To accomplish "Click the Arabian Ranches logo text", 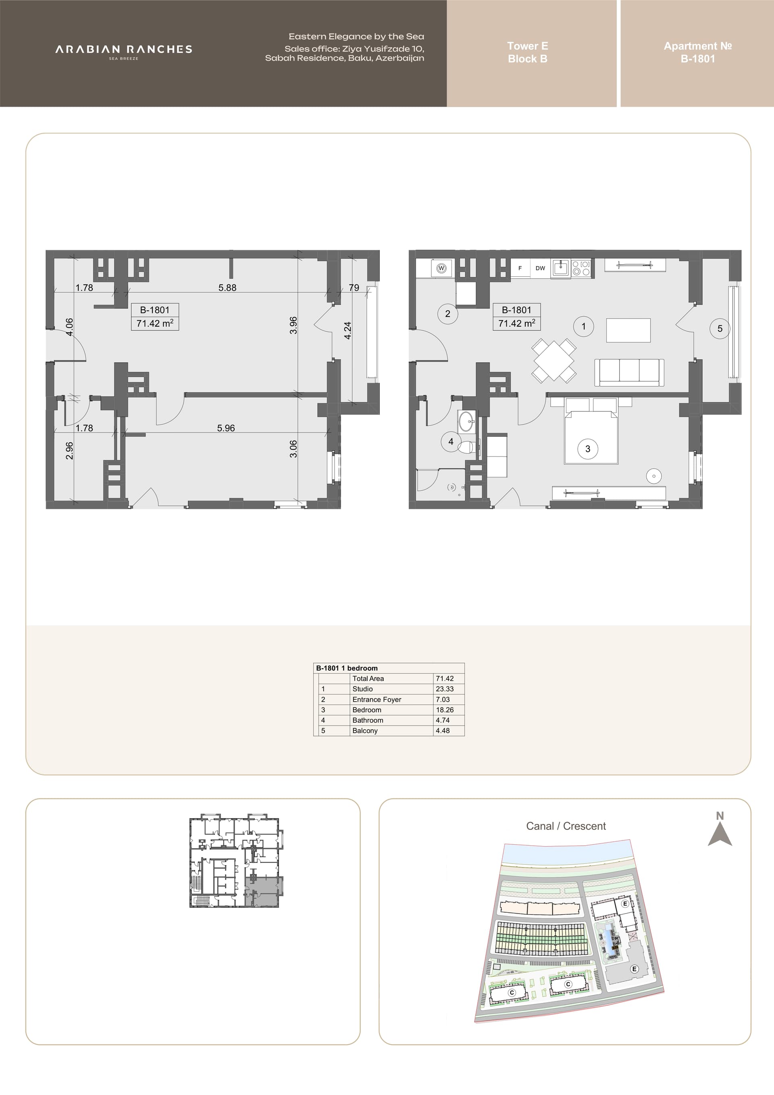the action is coord(124,49).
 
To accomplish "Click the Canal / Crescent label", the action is coord(566,826).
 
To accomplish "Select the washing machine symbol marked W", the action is coord(441,269).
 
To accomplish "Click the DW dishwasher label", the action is coord(540,268).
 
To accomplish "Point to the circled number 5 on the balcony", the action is coord(720,329).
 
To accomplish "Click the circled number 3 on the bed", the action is coord(588,449).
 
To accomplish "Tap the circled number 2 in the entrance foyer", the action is coord(447,314).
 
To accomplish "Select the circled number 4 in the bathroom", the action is coord(451,442).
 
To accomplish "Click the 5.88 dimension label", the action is coord(227,288).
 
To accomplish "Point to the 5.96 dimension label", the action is coord(226,428).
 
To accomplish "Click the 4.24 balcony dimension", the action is coord(347,330).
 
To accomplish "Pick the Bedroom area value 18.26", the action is coord(445,710).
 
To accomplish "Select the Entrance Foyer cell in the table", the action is coord(377,699).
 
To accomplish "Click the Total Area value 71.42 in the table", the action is coord(445,678).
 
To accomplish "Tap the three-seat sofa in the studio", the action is coord(629,373).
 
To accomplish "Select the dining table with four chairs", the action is coord(554,361).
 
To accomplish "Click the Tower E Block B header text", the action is coord(528,52).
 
